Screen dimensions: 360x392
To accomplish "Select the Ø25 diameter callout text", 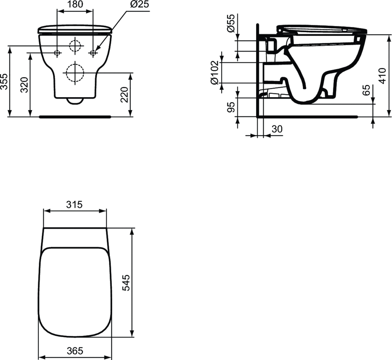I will tap(139, 5).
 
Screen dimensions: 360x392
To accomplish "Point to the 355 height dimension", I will tap(4, 81).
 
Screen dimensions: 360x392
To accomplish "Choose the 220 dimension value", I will tap(125, 94).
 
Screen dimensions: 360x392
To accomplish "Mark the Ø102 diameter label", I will tap(215, 72).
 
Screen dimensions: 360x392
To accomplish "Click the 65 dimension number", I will tap(366, 91).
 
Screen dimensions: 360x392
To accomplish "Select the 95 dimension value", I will tap(231, 107).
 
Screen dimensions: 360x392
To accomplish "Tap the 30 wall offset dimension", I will tap(277, 129).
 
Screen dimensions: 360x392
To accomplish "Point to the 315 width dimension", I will tap(74, 205).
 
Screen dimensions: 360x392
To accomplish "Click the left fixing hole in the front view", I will tap(57, 52).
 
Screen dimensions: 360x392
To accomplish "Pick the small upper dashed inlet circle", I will tap(75, 46).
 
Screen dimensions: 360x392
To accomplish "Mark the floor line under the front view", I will tap(75, 116).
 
